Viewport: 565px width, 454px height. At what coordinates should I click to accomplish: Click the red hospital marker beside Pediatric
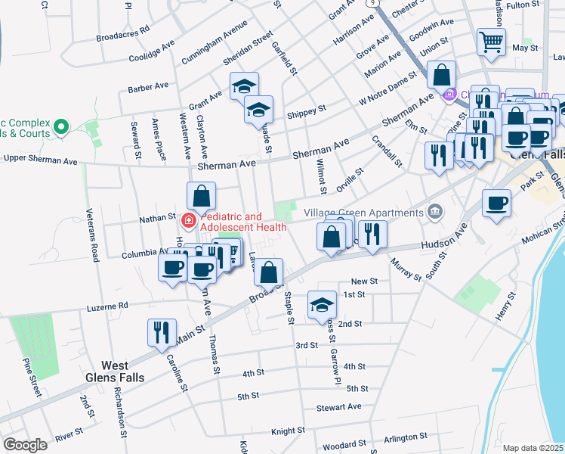tap(189, 221)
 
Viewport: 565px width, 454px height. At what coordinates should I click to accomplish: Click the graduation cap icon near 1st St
tap(323, 304)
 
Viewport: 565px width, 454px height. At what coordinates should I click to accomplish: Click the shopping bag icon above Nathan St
tap(202, 196)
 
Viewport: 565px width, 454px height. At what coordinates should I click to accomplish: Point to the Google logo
tap(26, 445)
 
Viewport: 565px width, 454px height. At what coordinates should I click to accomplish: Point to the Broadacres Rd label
tap(123, 33)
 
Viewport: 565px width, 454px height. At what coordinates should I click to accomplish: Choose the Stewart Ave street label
tap(339, 407)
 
